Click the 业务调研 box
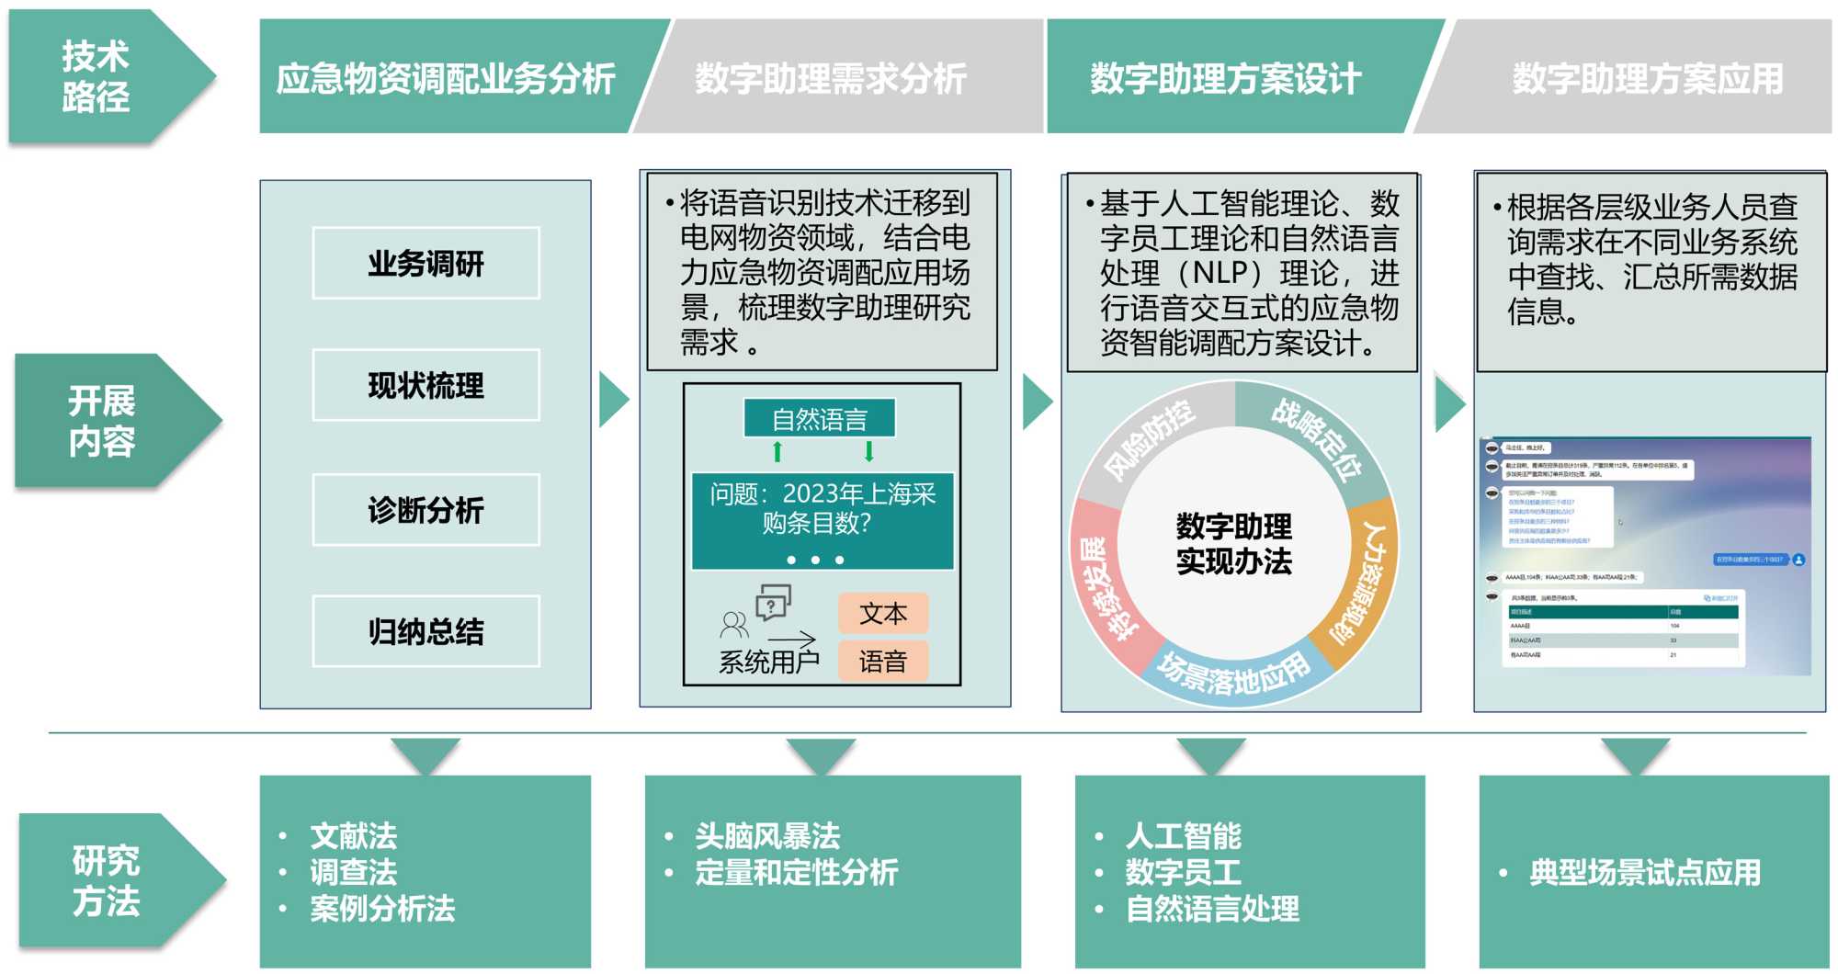coord(425,264)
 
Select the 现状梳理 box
coord(425,385)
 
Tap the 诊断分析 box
coord(425,510)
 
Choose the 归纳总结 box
coord(425,631)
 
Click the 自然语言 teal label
coord(819,419)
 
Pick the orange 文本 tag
coord(883,613)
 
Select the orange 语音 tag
coord(883,661)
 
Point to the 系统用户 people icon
coord(734,626)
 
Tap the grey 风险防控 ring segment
coord(1148,439)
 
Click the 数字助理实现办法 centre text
coord(1233,544)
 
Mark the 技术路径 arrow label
coord(96,76)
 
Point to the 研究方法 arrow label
coord(107,880)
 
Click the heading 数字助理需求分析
coord(831,78)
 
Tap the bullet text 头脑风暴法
coord(767,836)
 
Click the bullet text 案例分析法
coord(382,909)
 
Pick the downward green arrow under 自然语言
coord(868,451)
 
